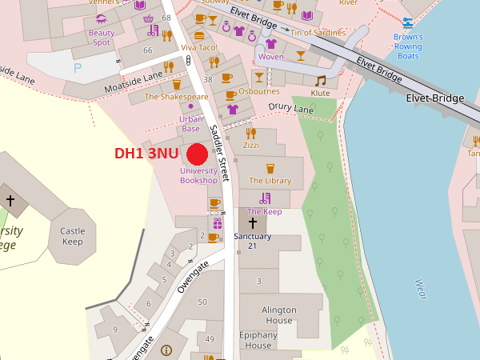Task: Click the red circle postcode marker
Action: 198,154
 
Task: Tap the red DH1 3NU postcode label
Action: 146,154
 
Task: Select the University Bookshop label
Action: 198,175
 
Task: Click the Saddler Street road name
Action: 220,153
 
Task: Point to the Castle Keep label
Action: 72,236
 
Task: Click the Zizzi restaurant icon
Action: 250,133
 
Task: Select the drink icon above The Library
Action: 270,168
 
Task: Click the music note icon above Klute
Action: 321,81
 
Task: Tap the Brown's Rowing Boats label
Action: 407,46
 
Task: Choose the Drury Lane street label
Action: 290,107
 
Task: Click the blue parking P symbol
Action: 78,68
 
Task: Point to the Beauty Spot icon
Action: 101,19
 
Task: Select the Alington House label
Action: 278,315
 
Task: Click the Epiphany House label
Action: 258,340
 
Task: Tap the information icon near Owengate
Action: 166,350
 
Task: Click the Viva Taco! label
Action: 199,48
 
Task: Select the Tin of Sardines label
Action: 318,33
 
